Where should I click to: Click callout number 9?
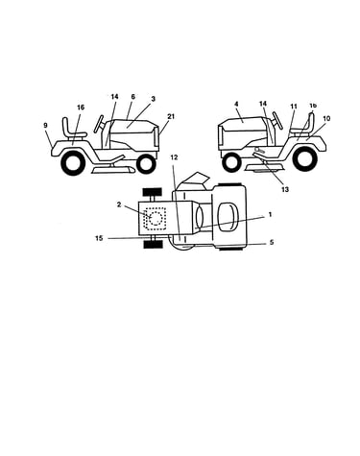[45, 125]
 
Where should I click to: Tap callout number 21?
[171, 116]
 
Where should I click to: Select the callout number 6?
[133, 97]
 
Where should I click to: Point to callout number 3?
[153, 99]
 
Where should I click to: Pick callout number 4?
[236, 104]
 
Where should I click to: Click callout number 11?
[294, 106]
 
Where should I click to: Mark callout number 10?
[326, 118]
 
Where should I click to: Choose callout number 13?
[285, 189]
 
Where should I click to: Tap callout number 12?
[174, 157]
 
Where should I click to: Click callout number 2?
[119, 204]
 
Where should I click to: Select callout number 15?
[99, 238]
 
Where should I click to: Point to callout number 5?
[272, 242]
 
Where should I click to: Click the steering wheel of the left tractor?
[99, 124]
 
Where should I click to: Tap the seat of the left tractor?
[72, 130]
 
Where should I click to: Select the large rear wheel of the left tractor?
[73, 162]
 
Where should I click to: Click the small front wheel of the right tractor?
[232, 162]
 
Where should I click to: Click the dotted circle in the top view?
[156, 219]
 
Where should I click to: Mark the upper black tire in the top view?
[153, 193]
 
